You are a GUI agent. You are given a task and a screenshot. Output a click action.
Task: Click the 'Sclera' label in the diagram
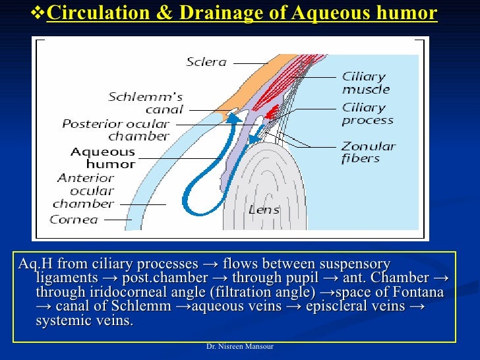(206, 63)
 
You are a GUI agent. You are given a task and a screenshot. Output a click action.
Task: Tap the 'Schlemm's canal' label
(146, 104)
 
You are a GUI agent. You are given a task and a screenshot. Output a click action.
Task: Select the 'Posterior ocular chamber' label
(116, 130)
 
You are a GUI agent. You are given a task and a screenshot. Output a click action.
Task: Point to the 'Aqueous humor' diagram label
(102, 158)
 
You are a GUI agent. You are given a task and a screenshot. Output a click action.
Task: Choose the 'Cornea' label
(74, 220)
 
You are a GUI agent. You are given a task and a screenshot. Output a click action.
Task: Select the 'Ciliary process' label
(367, 113)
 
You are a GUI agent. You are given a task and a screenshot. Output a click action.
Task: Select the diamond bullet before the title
(38, 13)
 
